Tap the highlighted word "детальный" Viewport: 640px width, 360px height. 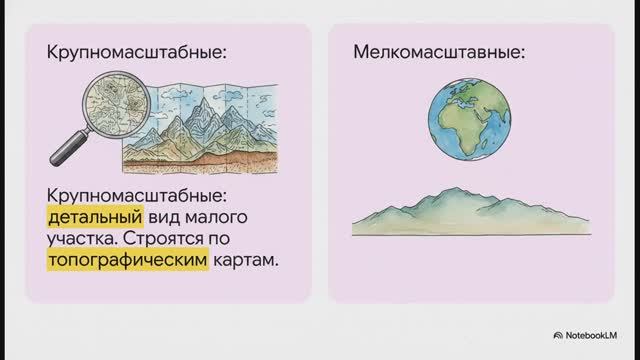point(96,217)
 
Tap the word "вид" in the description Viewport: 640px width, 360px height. point(169,217)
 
